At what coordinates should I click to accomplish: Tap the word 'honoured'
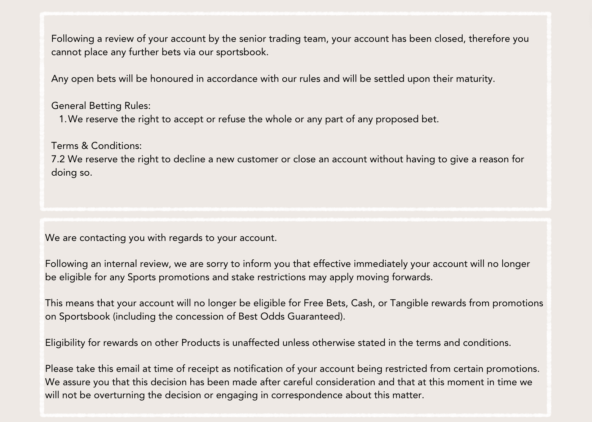172,79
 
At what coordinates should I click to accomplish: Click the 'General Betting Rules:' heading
101,106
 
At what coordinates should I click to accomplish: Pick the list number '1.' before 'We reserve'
63,119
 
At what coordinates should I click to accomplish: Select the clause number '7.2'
58,159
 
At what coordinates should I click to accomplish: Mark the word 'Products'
200,343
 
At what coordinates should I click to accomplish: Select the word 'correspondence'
306,395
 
